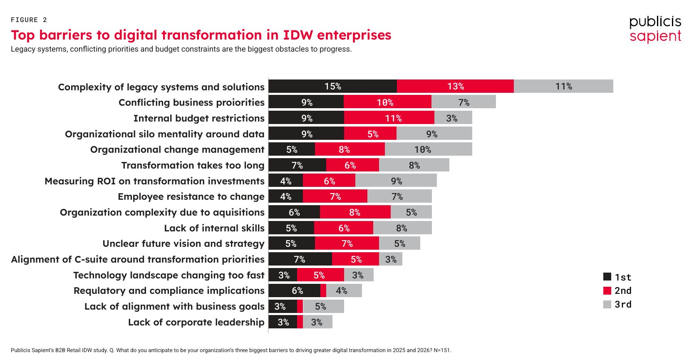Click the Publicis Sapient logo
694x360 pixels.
655,29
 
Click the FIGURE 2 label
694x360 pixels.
29,20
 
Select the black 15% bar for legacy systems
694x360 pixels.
332,86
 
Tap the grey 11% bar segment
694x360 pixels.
563,86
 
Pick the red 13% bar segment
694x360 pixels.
455,86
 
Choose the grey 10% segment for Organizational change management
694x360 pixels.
428,149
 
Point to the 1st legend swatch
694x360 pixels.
607,277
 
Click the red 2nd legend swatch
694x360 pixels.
607,290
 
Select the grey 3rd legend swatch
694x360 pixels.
607,304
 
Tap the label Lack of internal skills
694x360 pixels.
214,228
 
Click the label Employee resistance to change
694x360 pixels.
191,196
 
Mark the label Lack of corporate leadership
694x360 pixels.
196,322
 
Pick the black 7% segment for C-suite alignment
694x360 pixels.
300,259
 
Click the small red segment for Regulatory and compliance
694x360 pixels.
323,290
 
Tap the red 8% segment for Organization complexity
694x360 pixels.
355,212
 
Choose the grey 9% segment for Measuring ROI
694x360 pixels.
396,181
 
